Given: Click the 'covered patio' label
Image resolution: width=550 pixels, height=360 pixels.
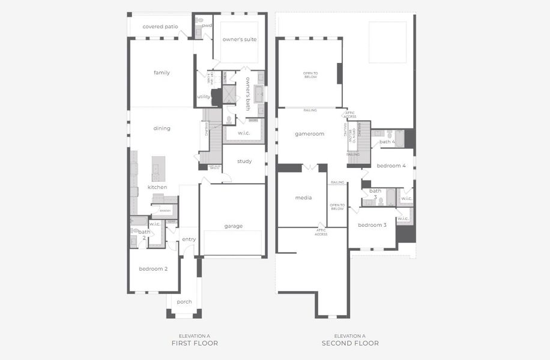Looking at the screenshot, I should coord(160,26).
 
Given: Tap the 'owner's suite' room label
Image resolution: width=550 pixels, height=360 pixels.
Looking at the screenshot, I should coord(240,39).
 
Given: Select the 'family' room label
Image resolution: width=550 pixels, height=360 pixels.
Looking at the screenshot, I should coord(162,73).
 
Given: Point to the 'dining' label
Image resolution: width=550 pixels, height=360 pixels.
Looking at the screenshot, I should coord(162,128).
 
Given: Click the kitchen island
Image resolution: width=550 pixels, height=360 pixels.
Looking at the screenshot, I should coord(159,169).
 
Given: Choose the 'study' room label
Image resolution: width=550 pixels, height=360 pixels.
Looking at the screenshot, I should coord(244,161).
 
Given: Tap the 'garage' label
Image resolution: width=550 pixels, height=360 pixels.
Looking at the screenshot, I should coord(234,226).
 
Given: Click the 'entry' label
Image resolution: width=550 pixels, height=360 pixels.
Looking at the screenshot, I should coord(189,239).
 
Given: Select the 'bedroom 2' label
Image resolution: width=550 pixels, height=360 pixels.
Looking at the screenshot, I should coord(153,268).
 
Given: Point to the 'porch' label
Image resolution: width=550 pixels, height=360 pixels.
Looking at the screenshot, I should coord(184,301).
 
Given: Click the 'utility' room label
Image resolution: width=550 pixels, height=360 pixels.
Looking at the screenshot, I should coord(204,97).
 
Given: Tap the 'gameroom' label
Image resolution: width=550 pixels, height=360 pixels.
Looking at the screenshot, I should coord(309,134).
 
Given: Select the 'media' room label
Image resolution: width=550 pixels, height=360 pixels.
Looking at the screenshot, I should coord(303,197).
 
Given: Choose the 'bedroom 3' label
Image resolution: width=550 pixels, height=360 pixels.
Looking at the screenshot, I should coord(372,224).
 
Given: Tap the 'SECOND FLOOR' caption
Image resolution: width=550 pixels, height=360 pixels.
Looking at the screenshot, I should coord(350,343).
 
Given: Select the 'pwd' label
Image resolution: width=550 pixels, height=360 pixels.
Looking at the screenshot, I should coord(207,26).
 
